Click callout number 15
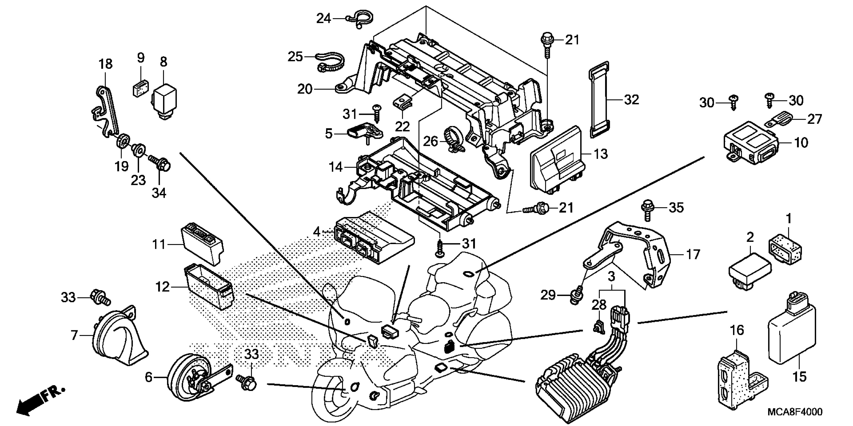(799, 376)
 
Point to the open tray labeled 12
(209, 288)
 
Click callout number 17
(693, 255)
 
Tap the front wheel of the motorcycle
(334, 397)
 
